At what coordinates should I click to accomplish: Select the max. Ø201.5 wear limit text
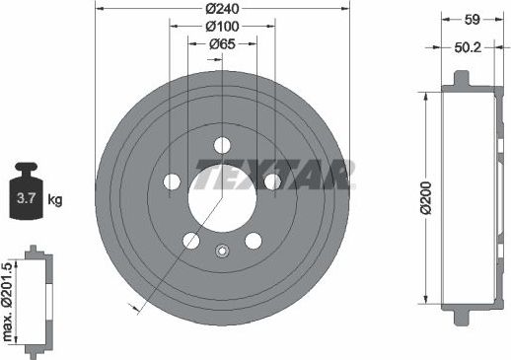click(11, 301)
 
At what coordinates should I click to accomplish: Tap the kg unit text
click(55, 200)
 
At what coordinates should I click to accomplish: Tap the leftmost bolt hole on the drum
click(172, 181)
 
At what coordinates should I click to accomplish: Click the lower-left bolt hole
click(191, 240)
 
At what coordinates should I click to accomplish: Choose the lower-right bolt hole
click(253, 240)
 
